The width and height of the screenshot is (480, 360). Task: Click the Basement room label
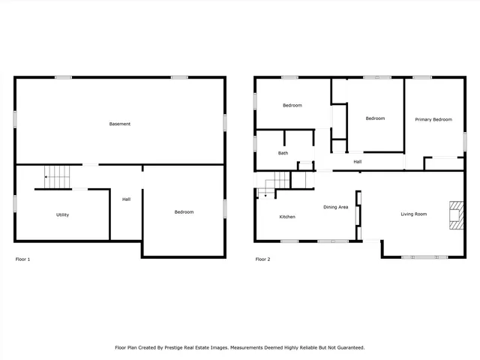click(x=120, y=124)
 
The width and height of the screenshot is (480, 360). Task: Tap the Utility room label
click(x=63, y=215)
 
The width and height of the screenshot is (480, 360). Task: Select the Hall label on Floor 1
click(x=126, y=199)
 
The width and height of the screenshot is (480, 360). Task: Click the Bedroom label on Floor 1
click(x=184, y=212)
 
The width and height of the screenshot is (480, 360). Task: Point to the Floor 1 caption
click(x=23, y=259)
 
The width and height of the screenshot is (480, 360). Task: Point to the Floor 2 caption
click(x=262, y=259)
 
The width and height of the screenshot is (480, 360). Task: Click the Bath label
click(x=283, y=154)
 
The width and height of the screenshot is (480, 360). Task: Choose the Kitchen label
click(x=287, y=217)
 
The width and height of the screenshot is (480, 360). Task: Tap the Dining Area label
click(x=335, y=207)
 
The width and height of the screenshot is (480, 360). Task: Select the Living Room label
click(x=413, y=214)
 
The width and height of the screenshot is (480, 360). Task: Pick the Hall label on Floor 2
click(x=358, y=162)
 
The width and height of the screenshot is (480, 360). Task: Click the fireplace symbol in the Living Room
click(x=454, y=214)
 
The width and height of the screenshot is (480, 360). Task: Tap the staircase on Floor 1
click(x=57, y=176)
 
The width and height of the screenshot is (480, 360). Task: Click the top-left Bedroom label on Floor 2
click(x=292, y=106)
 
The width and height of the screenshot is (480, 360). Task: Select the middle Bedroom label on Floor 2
click(x=375, y=118)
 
